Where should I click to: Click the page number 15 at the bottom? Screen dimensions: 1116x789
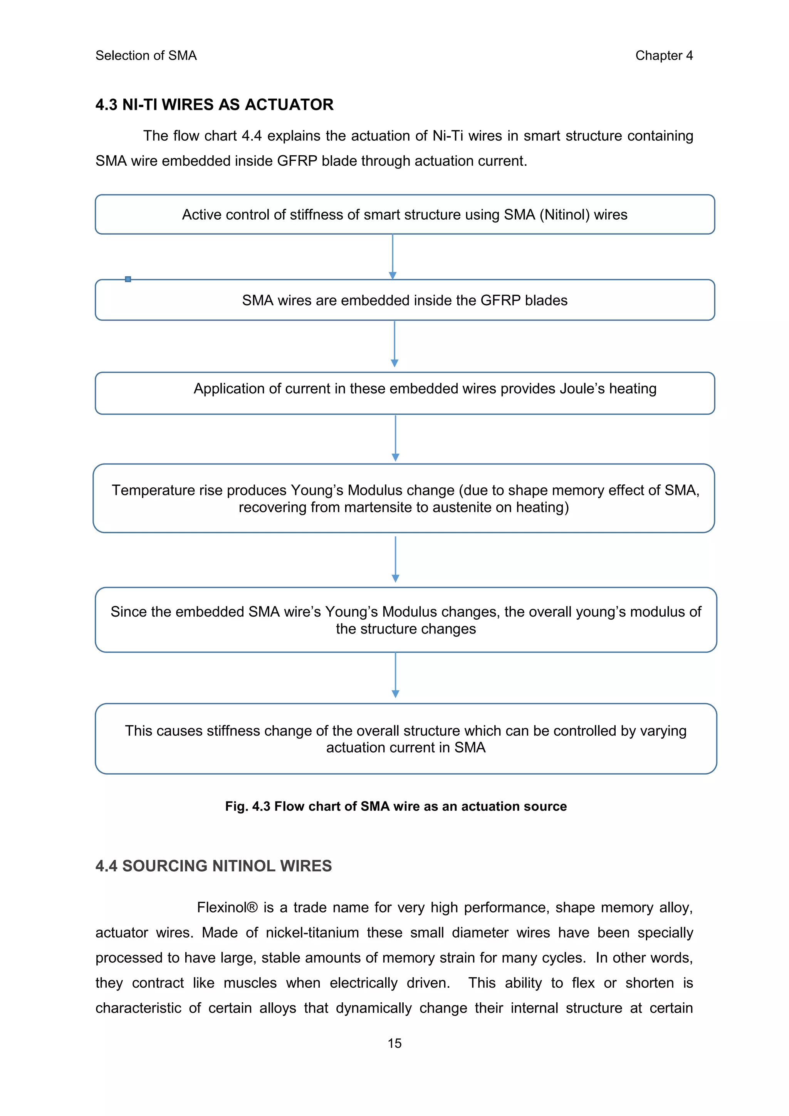tap(394, 1043)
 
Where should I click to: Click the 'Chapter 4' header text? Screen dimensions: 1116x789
tap(664, 56)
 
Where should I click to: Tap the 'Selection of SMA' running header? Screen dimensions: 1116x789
tap(146, 56)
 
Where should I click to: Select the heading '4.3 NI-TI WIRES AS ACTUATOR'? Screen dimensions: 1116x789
tap(214, 104)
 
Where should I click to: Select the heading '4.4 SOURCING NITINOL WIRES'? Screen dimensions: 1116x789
tap(213, 866)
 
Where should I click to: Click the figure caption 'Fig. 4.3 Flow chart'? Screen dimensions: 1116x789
tap(396, 807)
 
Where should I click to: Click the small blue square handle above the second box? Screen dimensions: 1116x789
tap(128, 279)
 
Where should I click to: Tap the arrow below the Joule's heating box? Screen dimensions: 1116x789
tap(396, 438)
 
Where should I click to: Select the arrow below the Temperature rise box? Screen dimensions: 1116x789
tap(396, 559)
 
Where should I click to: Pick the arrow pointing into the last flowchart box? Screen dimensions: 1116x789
tap(396, 675)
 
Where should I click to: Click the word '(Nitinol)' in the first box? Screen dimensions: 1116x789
tap(564, 215)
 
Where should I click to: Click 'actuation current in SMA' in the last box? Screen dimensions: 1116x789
tap(406, 748)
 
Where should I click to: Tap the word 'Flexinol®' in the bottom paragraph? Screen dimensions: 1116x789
tap(227, 908)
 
